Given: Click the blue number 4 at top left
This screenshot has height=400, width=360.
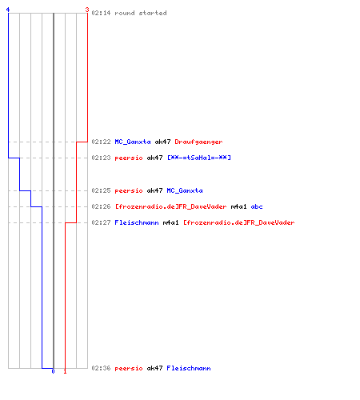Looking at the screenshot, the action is [8, 10].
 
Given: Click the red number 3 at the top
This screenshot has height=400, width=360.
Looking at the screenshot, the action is [87, 10].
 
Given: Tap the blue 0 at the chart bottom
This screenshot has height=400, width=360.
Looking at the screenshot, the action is [53, 371].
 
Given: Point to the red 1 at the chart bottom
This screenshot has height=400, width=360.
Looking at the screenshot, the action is [65, 371].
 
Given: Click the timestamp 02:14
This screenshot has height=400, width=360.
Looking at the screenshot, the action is [101, 13].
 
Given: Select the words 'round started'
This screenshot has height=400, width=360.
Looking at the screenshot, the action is [141, 13].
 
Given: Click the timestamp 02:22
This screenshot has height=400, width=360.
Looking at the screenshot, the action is [101, 142].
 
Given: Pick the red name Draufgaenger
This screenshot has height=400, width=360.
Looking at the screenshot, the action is [198, 142].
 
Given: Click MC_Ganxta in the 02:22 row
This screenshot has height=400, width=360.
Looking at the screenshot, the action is [133, 142].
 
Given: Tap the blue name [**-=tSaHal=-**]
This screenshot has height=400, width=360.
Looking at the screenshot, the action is [199, 158].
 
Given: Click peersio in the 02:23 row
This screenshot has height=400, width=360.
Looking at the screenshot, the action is [129, 158].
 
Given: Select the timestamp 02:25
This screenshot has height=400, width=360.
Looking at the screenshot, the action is [101, 190].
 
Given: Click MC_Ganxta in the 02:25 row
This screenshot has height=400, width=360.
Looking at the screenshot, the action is [185, 190].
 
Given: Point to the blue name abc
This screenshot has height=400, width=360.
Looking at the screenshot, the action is [257, 206].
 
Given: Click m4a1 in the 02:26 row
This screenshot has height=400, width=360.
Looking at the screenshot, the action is [239, 206].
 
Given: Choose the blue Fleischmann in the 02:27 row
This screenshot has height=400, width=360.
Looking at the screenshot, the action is [137, 222].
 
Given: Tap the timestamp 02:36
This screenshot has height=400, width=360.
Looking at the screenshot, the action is [101, 368].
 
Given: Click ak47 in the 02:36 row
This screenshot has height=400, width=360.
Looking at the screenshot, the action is [154, 368].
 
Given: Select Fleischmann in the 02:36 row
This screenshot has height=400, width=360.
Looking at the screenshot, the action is [189, 368].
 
